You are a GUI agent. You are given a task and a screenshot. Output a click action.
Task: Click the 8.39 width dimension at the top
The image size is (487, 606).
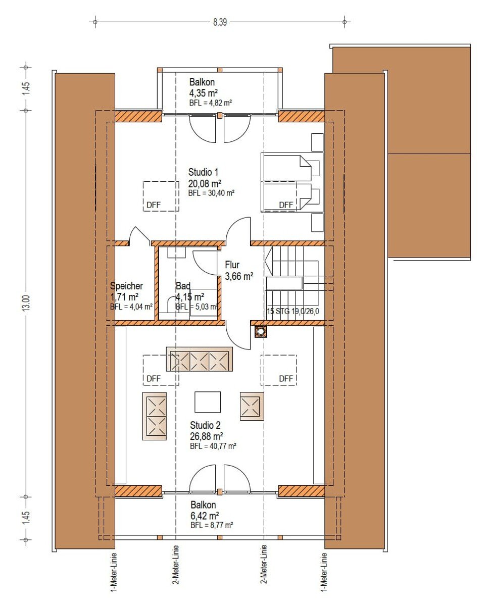(x=220, y=22)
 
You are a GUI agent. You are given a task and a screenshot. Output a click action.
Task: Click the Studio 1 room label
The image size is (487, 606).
(x=203, y=172)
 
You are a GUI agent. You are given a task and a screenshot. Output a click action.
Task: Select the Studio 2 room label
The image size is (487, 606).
(x=205, y=425)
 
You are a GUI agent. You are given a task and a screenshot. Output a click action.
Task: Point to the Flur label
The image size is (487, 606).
(x=232, y=265)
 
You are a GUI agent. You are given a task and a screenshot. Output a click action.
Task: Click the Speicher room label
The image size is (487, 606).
(x=126, y=286)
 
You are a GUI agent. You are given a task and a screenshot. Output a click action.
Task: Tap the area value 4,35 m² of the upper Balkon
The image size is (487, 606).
(x=204, y=92)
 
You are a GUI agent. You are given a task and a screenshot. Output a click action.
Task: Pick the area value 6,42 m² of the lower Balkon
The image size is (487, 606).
(x=205, y=516)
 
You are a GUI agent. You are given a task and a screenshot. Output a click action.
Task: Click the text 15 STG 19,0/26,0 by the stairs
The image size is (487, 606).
(x=293, y=312)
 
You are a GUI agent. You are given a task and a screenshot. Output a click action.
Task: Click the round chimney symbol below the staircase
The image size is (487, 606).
(x=261, y=331)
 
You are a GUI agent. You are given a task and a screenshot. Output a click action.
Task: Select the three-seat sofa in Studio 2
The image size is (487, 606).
(x=200, y=360)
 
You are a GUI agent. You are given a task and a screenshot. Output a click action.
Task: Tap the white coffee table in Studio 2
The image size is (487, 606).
(x=208, y=402)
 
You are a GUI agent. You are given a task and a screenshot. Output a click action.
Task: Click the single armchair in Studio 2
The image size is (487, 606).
(x=252, y=407)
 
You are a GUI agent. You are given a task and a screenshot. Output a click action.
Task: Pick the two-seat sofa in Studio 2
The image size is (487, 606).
(x=155, y=416)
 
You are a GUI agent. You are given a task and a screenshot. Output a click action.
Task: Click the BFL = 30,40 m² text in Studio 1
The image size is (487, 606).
(x=211, y=193)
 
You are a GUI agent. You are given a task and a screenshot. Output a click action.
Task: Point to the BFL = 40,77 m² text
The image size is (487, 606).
(x=213, y=446)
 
